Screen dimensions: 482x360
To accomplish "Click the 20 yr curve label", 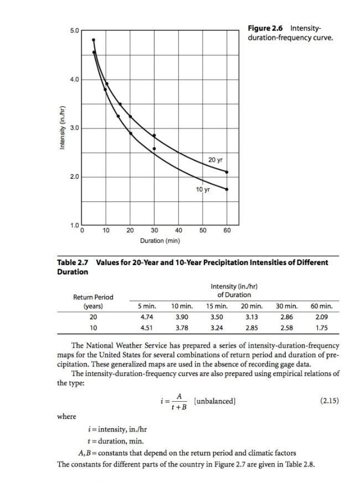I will [216, 160].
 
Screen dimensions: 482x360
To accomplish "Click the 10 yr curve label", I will [203, 190].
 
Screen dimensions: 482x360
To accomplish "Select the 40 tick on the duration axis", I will [178, 230].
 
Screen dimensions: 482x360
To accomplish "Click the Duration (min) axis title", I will [160, 241].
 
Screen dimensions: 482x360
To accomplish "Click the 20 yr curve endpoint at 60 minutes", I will [227, 172].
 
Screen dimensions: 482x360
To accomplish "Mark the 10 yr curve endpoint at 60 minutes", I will [227, 189].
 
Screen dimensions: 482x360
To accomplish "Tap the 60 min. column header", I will [321, 306].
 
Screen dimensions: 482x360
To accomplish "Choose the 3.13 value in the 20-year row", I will [251, 317].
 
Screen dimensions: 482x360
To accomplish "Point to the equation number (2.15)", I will [330, 402].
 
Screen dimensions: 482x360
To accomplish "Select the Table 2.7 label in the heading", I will [75, 262].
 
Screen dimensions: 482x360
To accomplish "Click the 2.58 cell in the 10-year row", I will [286, 328].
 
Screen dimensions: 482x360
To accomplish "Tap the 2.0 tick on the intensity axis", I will [74, 177].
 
